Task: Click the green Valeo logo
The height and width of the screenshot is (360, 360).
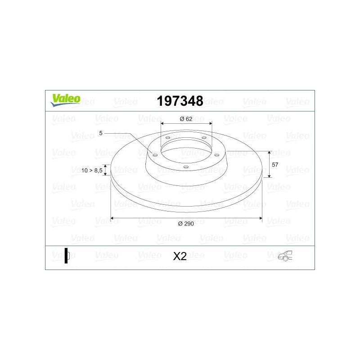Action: coord(65,100)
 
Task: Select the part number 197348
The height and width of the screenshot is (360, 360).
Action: coord(180,101)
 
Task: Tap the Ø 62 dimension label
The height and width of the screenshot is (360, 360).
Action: coord(186,119)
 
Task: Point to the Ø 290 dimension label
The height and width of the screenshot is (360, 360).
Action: coord(186,224)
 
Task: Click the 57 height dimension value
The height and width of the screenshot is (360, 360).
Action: coord(275,165)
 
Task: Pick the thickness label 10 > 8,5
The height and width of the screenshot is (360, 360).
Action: coord(92,171)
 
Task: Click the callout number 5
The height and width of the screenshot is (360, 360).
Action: coord(101,133)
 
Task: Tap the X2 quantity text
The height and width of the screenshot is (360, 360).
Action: coord(180,256)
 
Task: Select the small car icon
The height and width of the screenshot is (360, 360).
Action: coord(285,256)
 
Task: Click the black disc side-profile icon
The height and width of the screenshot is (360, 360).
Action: coord(67,256)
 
